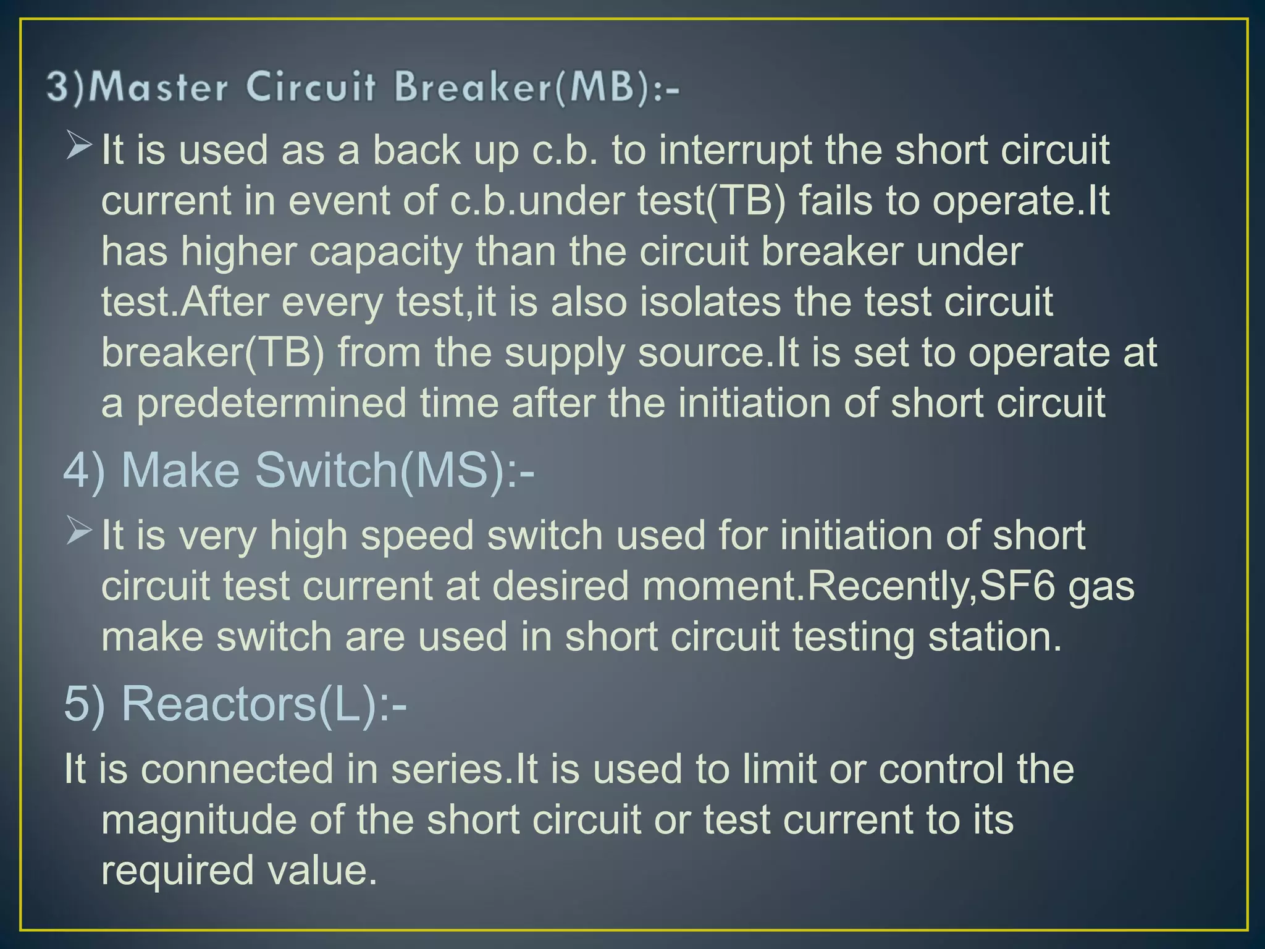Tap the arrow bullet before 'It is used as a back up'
(79, 146)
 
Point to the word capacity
(385, 253)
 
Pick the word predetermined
(271, 404)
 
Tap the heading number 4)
(85, 471)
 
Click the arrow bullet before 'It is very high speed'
(79, 531)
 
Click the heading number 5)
(85, 704)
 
